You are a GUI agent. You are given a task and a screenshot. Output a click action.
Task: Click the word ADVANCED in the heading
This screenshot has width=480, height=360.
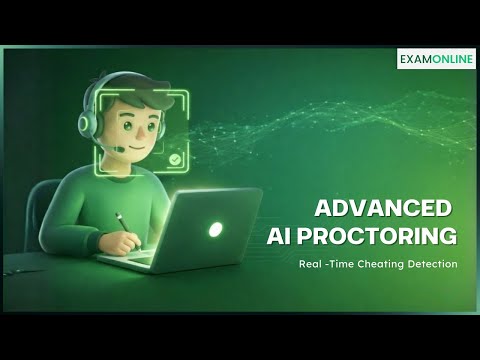[x=383, y=210]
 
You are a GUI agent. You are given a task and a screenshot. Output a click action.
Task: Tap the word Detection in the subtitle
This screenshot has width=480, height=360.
[x=431, y=264]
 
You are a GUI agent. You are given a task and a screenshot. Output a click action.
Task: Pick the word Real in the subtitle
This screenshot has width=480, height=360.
[x=310, y=264]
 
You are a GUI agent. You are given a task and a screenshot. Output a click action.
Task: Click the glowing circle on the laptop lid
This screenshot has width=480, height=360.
[x=215, y=229]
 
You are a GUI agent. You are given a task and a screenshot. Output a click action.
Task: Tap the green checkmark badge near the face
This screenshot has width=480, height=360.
[x=175, y=159]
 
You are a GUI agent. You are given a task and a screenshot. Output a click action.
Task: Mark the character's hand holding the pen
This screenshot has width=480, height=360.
[x=131, y=240]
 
